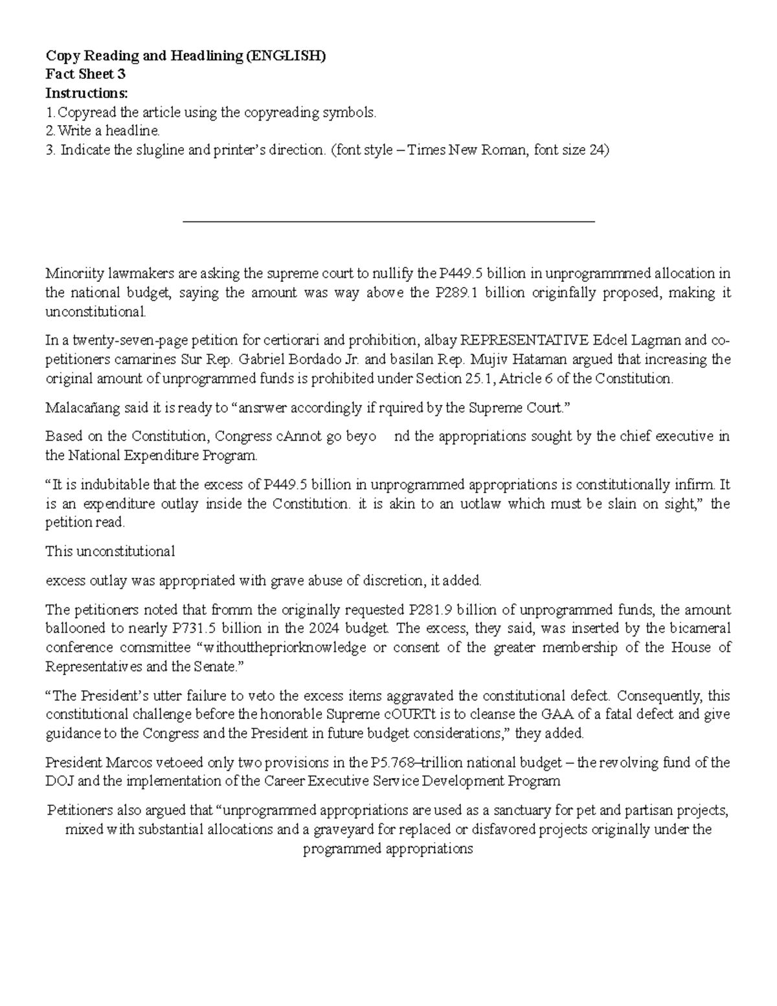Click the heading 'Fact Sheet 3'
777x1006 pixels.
[x=85, y=74]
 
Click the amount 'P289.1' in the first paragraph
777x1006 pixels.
[x=456, y=293]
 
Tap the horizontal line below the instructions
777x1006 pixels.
[x=388, y=222]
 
